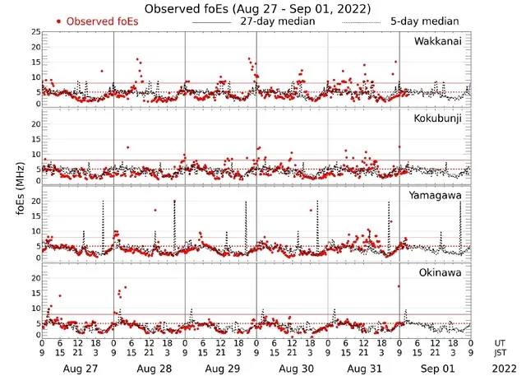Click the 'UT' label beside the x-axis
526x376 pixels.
(501, 342)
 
